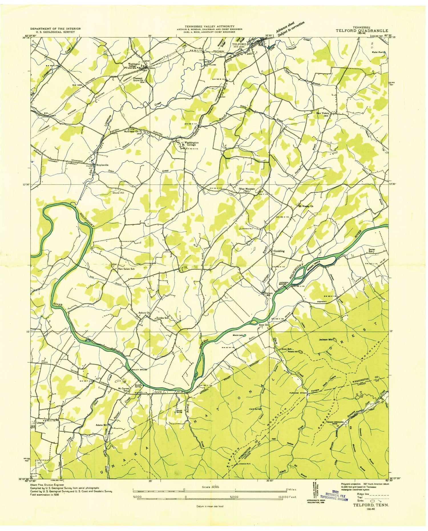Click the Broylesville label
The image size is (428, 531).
pos(102,165)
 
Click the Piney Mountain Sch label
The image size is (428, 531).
pos(247,190)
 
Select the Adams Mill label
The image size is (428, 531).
pos(101,425)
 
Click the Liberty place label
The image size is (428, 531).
pos(40,423)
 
